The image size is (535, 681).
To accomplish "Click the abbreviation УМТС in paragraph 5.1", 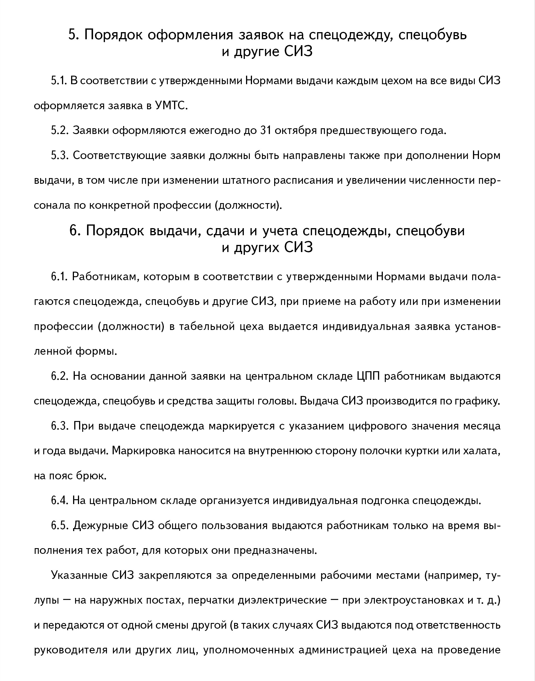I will point(171,106).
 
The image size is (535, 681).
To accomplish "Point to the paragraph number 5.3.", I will point(59,155).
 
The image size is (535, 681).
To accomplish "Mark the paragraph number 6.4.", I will point(59,501).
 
